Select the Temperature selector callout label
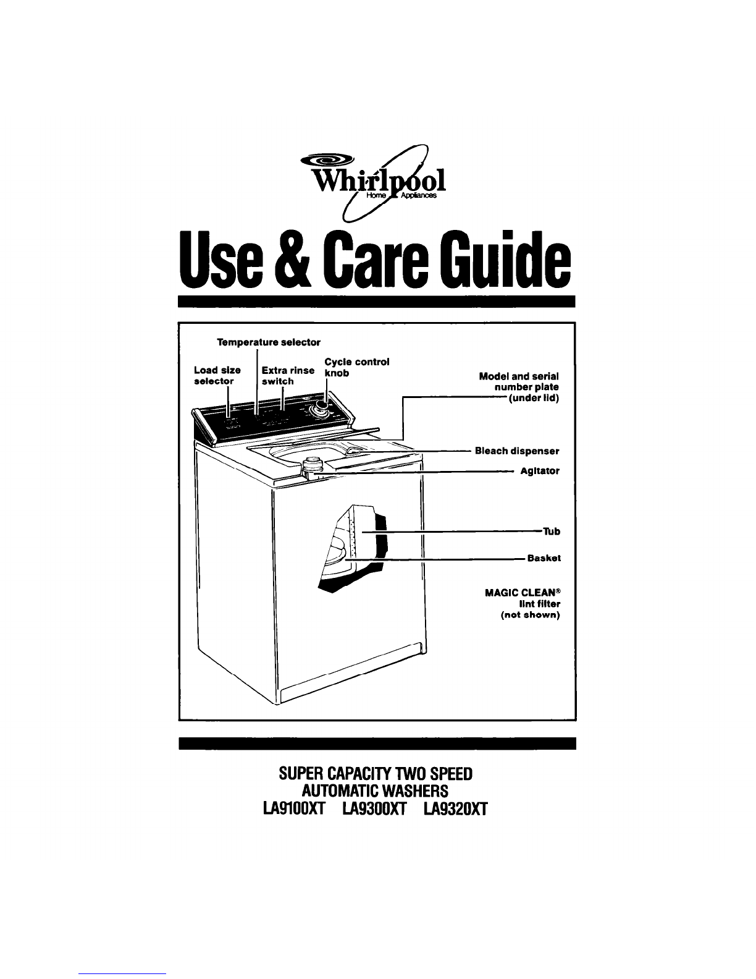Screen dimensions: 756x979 269,342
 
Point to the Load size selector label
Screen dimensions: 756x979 217,376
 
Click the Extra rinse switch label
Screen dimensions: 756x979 288,376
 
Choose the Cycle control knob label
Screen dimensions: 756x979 356,368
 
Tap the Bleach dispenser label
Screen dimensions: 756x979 517,451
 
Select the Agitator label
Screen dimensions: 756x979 540,471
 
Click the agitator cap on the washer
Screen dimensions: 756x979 310,463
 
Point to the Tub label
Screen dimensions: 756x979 552,532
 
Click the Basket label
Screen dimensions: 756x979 544,558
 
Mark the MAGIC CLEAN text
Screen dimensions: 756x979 523,593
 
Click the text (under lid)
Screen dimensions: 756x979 534,399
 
